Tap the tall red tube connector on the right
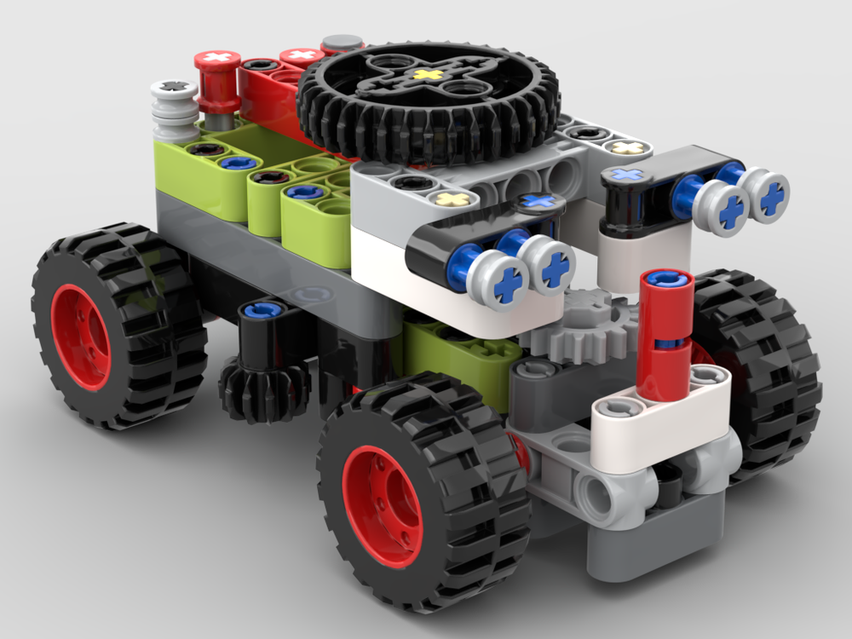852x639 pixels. (x=665, y=332)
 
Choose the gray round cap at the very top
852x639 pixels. (x=343, y=43)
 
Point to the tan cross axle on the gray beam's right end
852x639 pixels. (x=628, y=148)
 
